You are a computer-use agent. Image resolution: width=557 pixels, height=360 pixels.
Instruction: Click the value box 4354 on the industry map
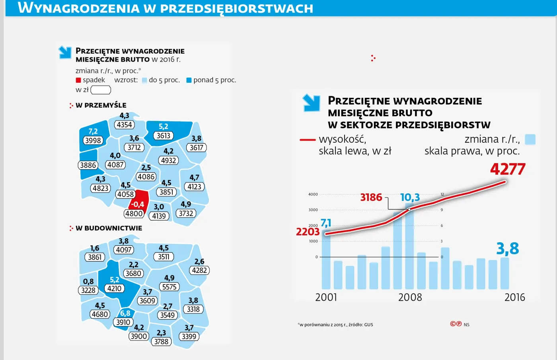pos(124,125)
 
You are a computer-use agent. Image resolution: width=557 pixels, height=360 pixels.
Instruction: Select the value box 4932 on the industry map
pos(168,160)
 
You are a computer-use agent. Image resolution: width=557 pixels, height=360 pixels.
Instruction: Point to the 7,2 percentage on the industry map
pos(93,131)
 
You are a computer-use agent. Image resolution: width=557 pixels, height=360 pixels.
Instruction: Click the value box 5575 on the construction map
pos(169,287)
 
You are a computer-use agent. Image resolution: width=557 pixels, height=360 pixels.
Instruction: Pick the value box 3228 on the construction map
pos(88,290)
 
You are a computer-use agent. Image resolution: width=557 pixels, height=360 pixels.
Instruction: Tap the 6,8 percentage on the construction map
pos(125,313)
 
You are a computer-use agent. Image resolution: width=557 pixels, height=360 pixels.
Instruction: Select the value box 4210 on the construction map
pos(114,288)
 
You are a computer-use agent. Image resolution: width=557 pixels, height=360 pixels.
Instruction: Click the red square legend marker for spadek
pos(78,80)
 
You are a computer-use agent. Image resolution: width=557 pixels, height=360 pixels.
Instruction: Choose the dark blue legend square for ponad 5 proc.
pos(189,80)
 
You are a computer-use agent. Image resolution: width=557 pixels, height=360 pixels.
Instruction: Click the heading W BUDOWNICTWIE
pos(109,228)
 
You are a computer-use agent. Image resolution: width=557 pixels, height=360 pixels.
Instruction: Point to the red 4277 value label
pos(508,169)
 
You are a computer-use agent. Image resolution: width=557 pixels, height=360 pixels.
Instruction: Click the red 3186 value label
pos(371,197)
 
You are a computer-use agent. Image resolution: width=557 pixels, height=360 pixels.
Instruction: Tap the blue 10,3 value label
pos(410,198)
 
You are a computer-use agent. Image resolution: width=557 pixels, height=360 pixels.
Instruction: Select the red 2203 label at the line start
pos(308,232)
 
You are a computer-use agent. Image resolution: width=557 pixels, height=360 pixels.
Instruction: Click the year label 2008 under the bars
pos(410,298)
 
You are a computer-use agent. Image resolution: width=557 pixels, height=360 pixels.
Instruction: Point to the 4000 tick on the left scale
pos(313,195)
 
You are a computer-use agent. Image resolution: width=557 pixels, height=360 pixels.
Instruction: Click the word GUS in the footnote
pos(368,325)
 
